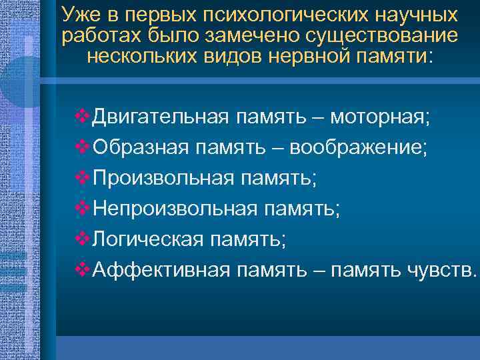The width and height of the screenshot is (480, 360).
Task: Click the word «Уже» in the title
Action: (79, 15)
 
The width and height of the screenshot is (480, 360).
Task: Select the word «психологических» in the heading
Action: (271, 15)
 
